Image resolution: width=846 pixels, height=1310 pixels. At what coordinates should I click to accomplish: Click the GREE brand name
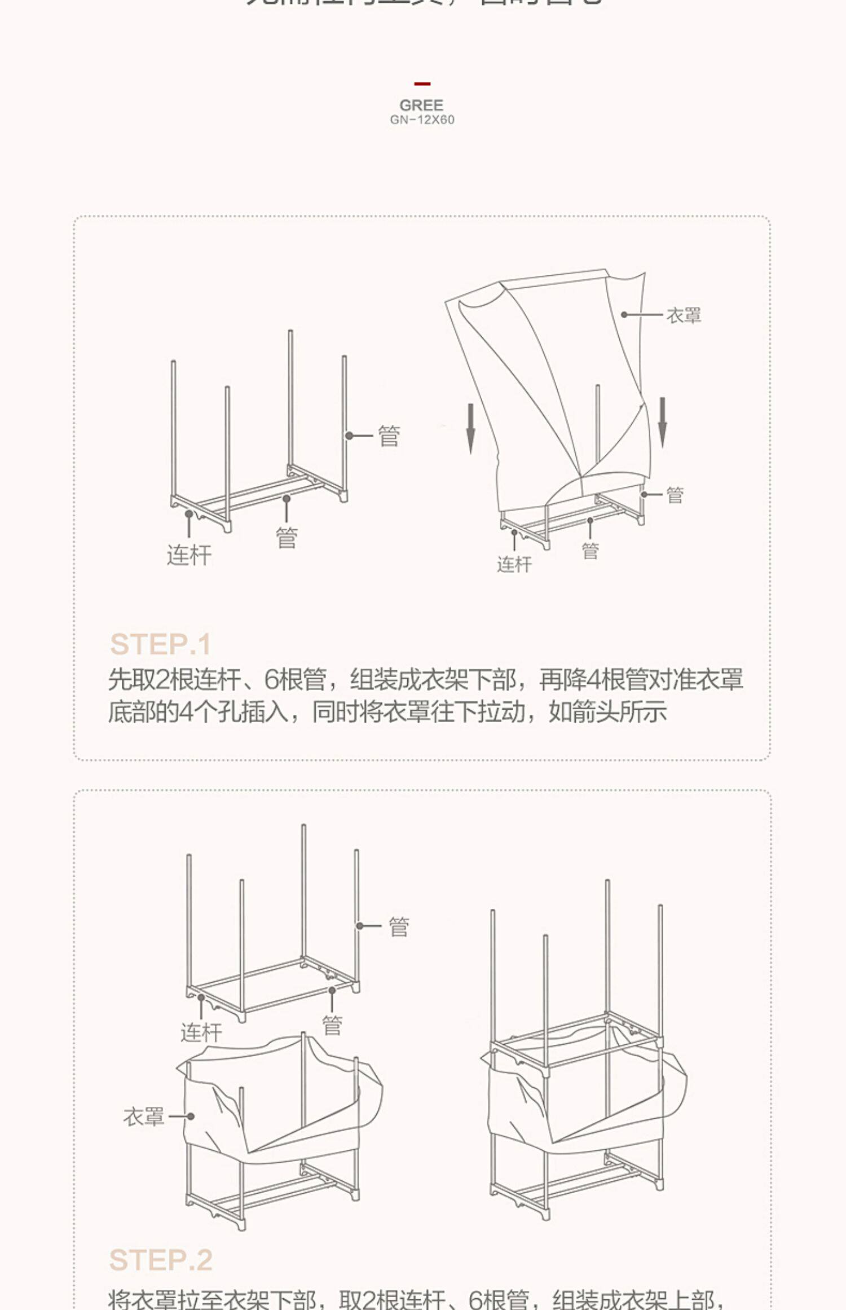coord(421,105)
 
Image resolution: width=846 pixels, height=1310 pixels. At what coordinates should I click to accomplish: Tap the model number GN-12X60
coord(422,120)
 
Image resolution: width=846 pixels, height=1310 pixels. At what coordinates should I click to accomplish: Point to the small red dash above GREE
coord(422,84)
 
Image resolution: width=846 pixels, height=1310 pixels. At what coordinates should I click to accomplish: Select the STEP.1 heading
coord(160,644)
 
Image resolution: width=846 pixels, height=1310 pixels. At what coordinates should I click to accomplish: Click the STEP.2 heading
coord(161,1260)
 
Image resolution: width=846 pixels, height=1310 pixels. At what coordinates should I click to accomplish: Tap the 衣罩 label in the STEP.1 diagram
coord(684,315)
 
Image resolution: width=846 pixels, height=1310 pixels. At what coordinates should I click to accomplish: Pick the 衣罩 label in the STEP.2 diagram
coord(144,1116)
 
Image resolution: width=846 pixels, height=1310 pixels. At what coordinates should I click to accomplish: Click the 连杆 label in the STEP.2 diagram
coord(201,1032)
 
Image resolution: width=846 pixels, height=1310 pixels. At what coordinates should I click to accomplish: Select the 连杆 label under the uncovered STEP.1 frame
coord(189,555)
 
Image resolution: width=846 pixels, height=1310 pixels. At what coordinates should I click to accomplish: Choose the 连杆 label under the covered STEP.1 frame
coord(514,564)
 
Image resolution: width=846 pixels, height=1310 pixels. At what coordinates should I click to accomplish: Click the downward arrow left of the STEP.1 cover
coord(470,428)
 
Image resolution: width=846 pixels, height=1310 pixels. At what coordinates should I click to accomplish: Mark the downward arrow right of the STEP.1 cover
coord(663,423)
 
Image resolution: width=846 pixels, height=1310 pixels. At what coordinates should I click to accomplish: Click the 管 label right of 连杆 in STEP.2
coord(332,1025)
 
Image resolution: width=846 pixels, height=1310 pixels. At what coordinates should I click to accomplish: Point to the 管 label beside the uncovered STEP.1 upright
coord(389,436)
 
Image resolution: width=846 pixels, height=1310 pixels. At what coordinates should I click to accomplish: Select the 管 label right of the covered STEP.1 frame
coord(675,495)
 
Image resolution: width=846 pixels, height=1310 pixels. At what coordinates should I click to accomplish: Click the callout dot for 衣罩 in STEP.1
coord(624,315)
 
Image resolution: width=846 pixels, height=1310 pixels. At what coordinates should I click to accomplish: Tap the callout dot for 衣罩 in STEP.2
coord(191,1116)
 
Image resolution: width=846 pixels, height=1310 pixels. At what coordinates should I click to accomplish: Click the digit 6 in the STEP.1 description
coord(272,680)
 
